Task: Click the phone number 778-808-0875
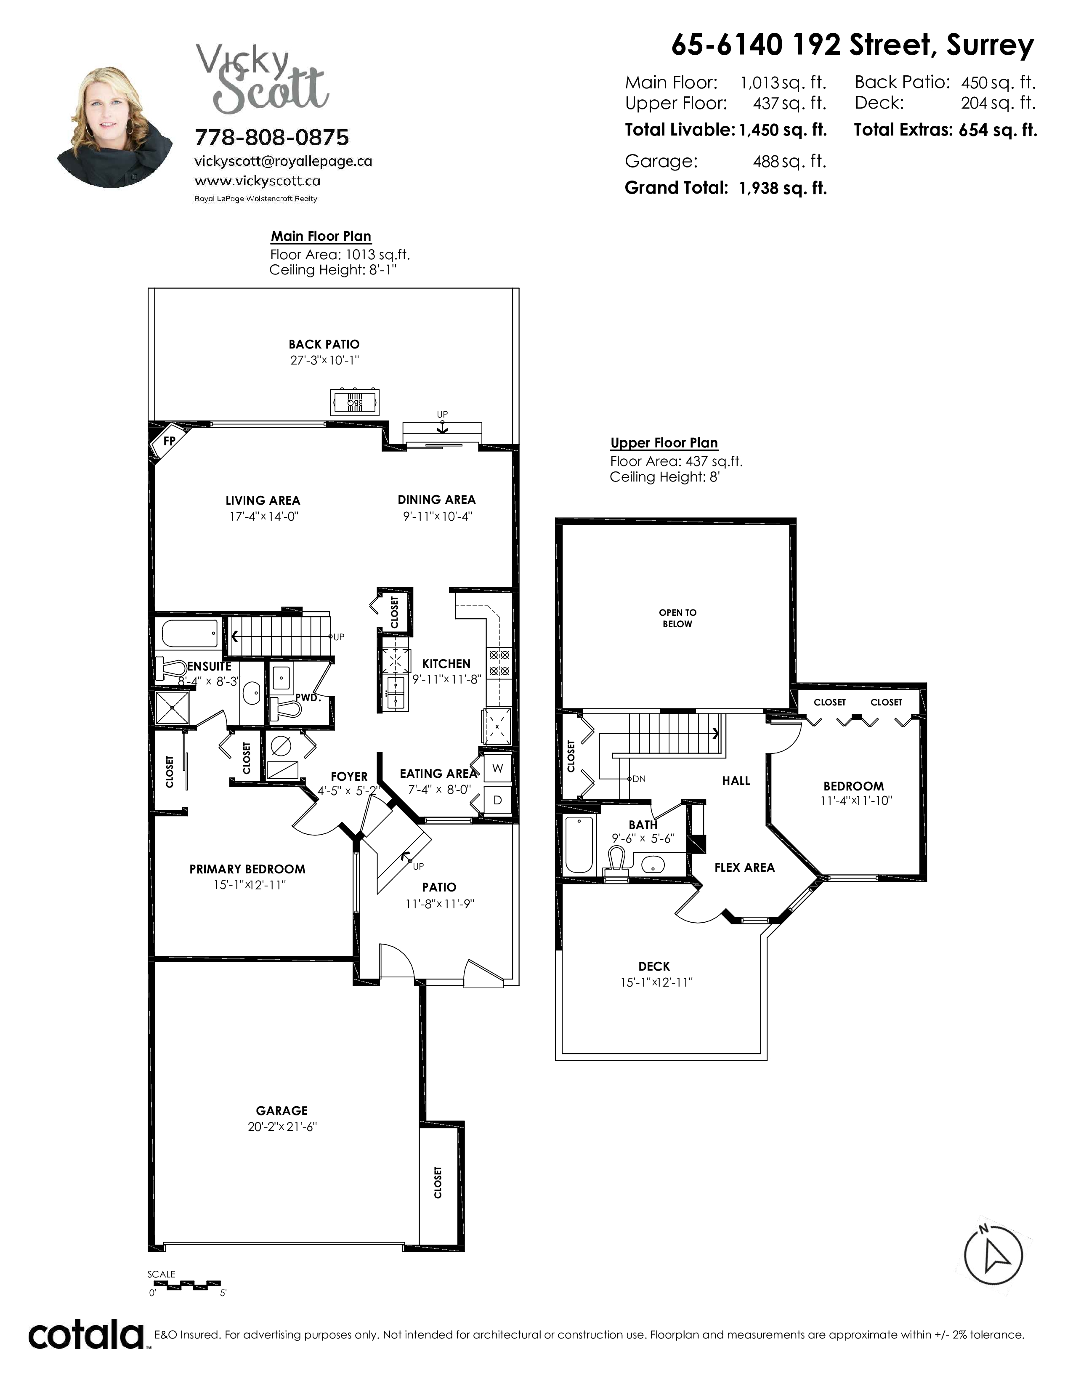pos(272,137)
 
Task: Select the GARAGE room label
pos(282,1110)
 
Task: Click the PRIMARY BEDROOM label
pos(247,869)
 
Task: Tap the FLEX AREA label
pos(744,867)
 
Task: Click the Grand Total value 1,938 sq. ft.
pos(783,188)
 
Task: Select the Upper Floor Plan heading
pos(664,443)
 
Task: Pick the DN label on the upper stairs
pos(639,778)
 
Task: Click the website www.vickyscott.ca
pos(258,181)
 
